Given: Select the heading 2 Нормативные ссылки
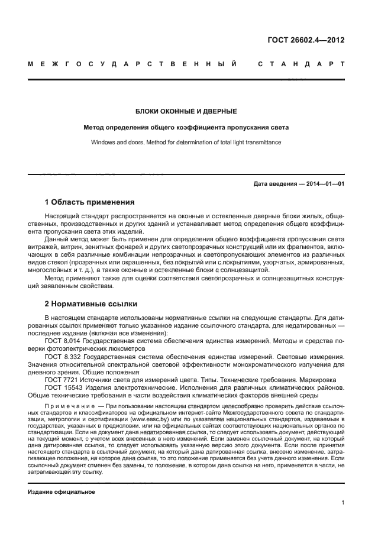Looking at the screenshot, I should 91,304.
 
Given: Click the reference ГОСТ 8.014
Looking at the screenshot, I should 62,341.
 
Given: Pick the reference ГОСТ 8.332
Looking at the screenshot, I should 62,357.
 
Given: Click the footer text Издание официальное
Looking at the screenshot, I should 61,492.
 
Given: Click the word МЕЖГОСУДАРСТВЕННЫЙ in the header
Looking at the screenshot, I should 134,63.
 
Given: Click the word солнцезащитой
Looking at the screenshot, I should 235,269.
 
